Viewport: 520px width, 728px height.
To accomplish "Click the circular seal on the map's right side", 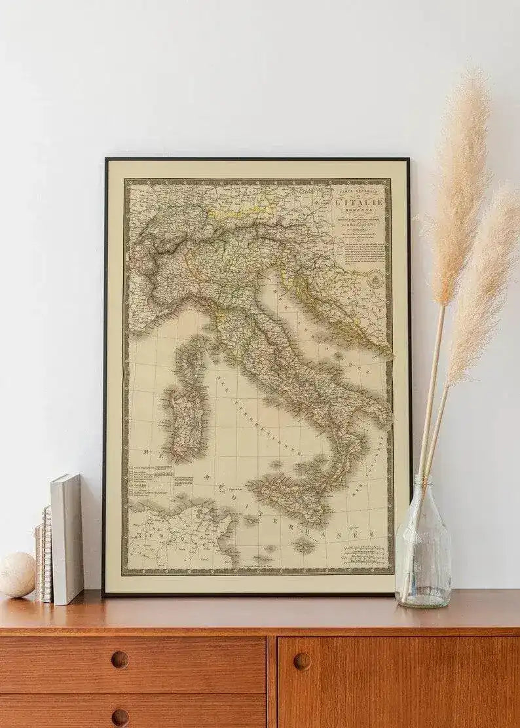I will pos(376,280).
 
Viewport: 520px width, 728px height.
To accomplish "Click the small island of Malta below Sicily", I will pos(303,544).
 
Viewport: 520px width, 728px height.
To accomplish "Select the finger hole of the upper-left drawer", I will pos(120,659).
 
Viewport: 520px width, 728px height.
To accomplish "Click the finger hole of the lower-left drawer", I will pos(120,717).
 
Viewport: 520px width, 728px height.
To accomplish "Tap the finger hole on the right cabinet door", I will pos(302,661).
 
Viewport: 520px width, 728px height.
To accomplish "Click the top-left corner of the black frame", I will pos(106,159).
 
